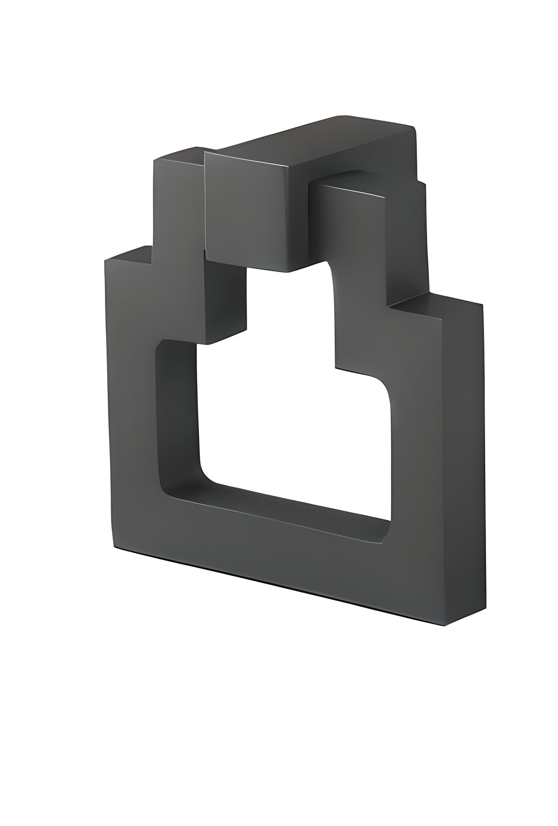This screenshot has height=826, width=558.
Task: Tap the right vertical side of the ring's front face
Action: pos(436,437)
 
